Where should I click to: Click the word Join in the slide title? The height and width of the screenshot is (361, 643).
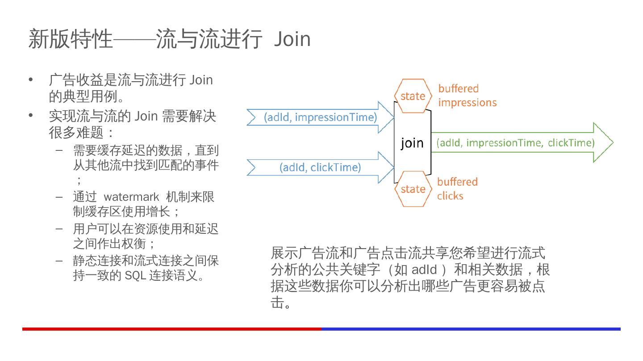tap(292, 39)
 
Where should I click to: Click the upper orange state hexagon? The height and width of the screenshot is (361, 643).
tap(413, 96)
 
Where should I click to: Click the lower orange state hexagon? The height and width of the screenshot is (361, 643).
tap(413, 189)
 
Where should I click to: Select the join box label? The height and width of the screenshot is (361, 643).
tap(412, 143)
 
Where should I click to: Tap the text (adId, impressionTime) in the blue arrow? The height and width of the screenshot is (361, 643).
tap(321, 117)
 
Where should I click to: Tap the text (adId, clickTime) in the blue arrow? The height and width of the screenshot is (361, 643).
tap(320, 167)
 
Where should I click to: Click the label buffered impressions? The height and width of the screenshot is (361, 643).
tap(467, 95)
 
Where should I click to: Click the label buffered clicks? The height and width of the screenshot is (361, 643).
tap(457, 189)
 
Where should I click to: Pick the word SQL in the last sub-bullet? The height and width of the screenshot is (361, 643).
tap(135, 275)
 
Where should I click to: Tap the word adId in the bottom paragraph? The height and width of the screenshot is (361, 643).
tap(424, 270)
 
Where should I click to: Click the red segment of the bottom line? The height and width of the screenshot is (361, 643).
tap(172, 329)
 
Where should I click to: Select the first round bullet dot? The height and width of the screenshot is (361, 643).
tap(31, 80)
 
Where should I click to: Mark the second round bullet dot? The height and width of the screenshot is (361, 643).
tap(31, 116)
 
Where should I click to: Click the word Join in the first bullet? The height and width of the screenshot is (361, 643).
tap(201, 80)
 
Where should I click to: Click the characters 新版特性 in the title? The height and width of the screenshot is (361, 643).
tap(71, 39)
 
